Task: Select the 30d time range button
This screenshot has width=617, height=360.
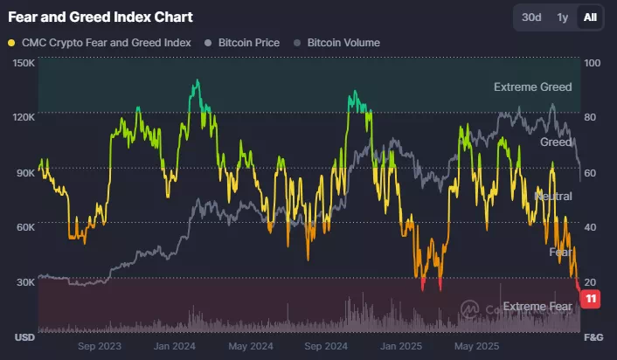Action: click(531, 17)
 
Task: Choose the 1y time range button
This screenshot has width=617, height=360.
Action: click(563, 17)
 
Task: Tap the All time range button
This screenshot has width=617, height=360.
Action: click(590, 17)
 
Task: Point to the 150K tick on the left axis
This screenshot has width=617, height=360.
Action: click(24, 63)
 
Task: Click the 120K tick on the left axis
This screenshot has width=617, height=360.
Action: click(24, 117)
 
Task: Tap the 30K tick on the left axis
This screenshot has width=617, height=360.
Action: click(24, 281)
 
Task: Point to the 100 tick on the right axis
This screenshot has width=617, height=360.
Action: click(592, 63)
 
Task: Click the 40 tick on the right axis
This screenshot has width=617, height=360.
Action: click(592, 226)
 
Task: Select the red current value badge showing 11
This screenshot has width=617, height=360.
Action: click(592, 300)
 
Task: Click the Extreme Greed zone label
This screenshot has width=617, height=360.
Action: click(532, 87)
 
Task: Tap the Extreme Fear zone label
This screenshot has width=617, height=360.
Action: click(541, 306)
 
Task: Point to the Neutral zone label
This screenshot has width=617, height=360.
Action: click(553, 196)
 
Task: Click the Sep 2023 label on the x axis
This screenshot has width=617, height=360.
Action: click(100, 345)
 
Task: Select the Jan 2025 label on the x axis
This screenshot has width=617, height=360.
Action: click(402, 345)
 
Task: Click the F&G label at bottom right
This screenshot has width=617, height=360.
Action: click(593, 336)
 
